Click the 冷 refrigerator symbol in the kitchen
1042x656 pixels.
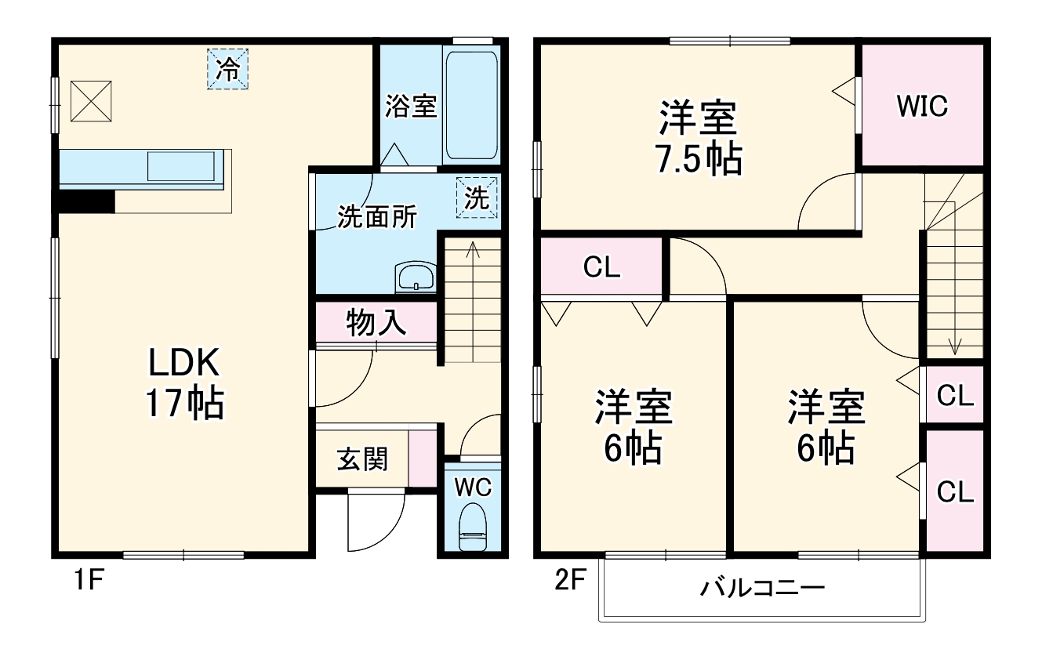tap(227, 69)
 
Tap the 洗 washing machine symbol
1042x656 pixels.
tap(477, 198)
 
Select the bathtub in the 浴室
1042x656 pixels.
tap(470, 105)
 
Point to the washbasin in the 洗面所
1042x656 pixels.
tap(416, 277)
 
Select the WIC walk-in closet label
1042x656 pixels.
tap(922, 106)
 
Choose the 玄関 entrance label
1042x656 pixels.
tap(362, 458)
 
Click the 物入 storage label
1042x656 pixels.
tap(376, 322)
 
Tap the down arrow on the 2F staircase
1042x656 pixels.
tap(955, 345)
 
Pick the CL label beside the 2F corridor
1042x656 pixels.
tap(602, 268)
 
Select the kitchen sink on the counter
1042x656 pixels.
tap(181, 165)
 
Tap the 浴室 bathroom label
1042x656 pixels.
tap(410, 106)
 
